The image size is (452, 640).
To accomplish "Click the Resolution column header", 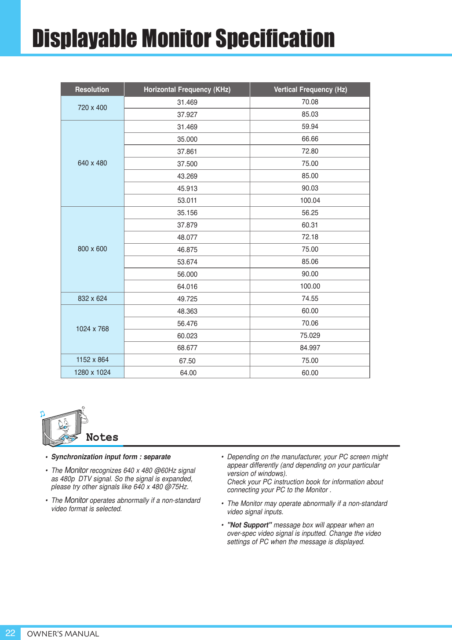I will pos(92,89).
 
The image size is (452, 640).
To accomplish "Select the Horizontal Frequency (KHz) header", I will pos(187,89).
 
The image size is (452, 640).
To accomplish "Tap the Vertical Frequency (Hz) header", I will pos(310,89).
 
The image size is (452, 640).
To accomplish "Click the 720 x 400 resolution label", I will pos(92,108).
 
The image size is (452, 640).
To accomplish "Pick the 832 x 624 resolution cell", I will pos(92,299).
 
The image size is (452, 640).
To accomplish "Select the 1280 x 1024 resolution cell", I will pos(92,373).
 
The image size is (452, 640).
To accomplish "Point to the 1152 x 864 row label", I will pos(92,360).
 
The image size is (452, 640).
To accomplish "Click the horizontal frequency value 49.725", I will pos(187,299).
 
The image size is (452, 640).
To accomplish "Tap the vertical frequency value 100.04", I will pos(310,201).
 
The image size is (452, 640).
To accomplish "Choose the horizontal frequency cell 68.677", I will pos(187,348).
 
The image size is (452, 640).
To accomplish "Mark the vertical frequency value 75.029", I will pos(310,336).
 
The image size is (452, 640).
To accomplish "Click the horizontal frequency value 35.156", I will pos(187,213).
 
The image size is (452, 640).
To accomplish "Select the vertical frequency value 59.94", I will pos(310,127).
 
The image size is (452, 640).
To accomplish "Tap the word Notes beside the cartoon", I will pos(102,437).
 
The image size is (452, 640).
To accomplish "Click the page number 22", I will pos(10,633).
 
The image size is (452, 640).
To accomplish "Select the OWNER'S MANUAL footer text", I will pos(63,634).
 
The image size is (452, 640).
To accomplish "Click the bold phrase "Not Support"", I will pos(249,525).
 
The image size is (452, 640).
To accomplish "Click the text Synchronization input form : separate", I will pos(111,457).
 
